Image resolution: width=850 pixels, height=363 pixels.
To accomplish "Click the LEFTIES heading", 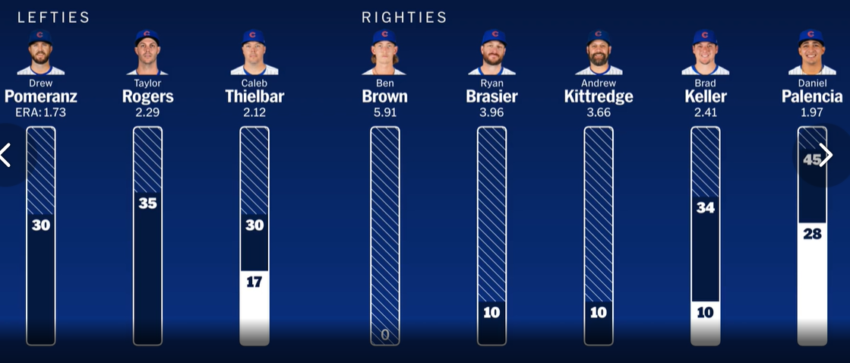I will (53, 17).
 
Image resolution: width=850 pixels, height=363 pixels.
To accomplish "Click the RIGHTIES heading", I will (404, 17).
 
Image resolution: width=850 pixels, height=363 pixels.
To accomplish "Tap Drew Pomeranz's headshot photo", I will (41, 52).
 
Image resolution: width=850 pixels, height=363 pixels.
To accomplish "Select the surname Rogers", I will (148, 96).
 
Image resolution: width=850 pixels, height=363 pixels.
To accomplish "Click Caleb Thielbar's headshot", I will (254, 52).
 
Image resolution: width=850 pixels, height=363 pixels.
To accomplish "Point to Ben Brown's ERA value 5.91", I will (385, 112).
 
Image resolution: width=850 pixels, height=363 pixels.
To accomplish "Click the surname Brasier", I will (492, 96).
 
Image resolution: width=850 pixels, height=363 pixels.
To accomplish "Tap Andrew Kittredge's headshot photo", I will (599, 52).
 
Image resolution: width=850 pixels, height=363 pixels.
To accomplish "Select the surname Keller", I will (706, 96).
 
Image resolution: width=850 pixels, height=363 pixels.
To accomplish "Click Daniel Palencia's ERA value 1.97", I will (812, 112).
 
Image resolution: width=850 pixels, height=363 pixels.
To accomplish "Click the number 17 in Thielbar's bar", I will (254, 282).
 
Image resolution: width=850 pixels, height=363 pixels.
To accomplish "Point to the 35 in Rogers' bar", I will (148, 204).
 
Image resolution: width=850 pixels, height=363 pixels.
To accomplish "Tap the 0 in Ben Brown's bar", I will (385, 334).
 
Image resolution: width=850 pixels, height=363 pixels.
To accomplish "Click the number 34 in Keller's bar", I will (706, 207).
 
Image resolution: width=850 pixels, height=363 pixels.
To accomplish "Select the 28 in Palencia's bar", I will (812, 234).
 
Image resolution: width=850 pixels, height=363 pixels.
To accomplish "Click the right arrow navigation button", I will (826, 156).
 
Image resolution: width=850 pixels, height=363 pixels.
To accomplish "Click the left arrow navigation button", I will (6, 155).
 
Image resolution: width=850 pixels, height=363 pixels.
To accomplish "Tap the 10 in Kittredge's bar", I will (599, 312).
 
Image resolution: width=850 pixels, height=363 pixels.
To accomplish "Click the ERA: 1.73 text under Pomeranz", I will (41, 112).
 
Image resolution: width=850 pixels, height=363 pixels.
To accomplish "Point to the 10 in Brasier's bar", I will (492, 312).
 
